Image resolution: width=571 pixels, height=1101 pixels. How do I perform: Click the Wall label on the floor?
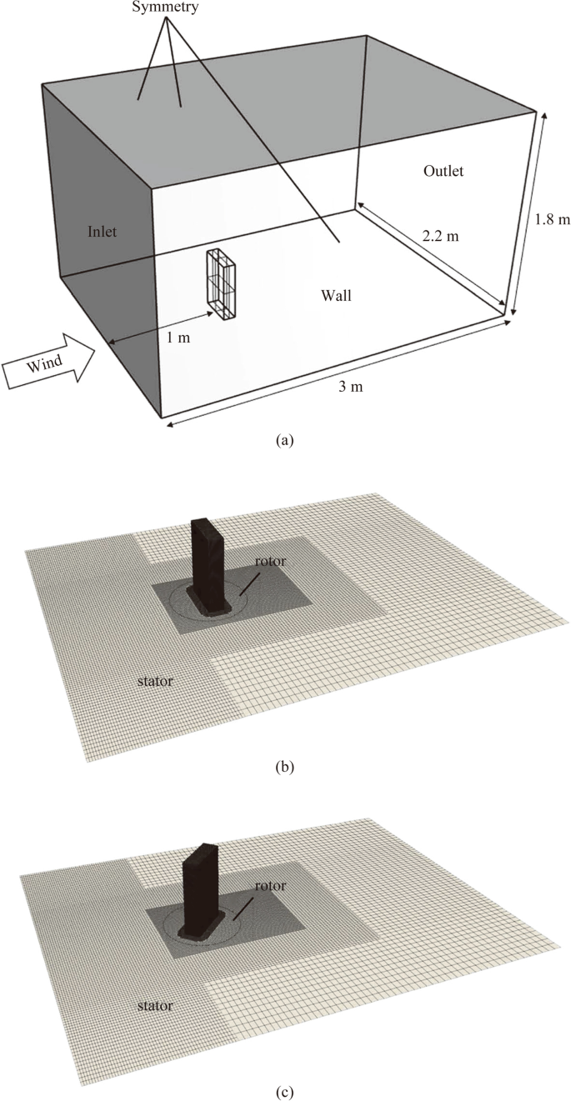(336, 294)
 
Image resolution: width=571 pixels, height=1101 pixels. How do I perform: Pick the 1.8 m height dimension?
(551, 220)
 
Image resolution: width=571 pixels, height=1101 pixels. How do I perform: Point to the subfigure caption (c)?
(285, 1089)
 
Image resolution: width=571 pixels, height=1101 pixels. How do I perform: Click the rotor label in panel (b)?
(272, 561)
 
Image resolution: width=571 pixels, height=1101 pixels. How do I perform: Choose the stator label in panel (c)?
(154, 1006)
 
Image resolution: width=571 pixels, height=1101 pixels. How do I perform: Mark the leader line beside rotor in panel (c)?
(244, 908)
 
